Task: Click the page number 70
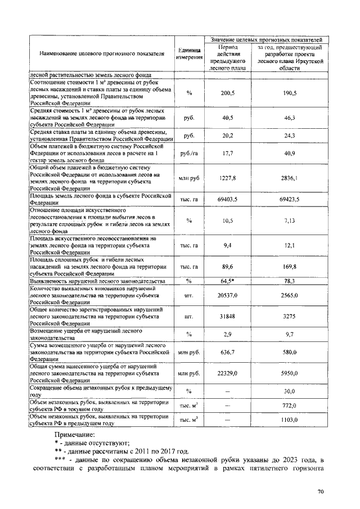pos(321,492)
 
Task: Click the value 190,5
pos(290,92)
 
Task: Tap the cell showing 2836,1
pos(290,178)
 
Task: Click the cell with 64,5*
pos(228,281)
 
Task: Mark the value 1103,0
pos(290,420)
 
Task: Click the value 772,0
pos(290,405)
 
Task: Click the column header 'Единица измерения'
pos(189,54)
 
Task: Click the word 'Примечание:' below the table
pos(75,435)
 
